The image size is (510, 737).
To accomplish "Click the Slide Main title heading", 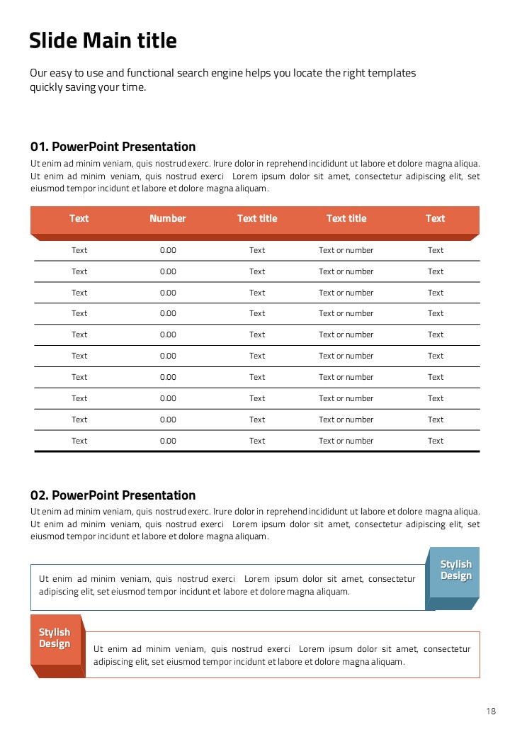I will coord(103,41).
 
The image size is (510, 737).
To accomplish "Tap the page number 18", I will coord(491,711).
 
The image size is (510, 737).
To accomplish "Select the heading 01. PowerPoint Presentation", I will coord(113,147).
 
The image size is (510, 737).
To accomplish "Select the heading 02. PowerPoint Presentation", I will coord(113,495).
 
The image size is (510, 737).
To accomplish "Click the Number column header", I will coord(168,218).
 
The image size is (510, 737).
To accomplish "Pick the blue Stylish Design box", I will coord(455,570).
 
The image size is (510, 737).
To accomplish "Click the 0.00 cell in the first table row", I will coord(168,250).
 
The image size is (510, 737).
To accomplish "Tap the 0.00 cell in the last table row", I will coord(168,441).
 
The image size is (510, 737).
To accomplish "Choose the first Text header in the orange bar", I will coord(79,218).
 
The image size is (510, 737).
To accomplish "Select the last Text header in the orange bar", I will coord(436,218).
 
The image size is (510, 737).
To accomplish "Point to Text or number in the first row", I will coord(346,250).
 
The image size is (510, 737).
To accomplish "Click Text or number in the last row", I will coord(346,441).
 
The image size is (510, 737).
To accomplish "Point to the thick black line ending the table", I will coord(256,451).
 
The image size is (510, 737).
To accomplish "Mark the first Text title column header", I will coord(257,218).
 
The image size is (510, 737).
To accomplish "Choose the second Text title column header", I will coord(346,218).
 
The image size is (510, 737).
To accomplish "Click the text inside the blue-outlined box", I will coord(227,585).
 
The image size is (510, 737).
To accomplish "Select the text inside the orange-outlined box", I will coord(282,656).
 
